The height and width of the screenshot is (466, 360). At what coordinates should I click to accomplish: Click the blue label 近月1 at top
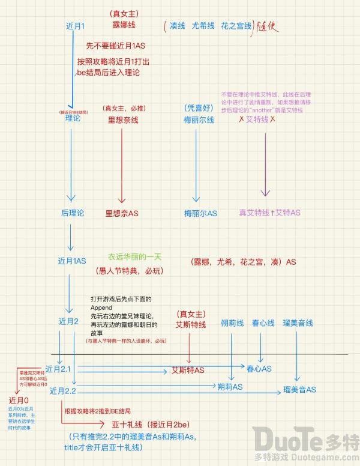pos(80,26)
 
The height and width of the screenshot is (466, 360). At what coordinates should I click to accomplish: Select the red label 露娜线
pos(124,25)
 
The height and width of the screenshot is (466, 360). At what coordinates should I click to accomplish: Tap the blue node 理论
pos(73,119)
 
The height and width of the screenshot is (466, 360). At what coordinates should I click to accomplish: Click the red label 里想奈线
pos(123,120)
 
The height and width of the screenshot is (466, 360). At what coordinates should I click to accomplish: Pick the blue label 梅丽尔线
pos(198,120)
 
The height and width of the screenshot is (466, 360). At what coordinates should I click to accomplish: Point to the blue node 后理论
pos(73,213)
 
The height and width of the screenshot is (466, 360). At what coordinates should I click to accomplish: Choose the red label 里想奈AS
pos(122,213)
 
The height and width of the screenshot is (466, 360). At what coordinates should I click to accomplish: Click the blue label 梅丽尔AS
pos(201,213)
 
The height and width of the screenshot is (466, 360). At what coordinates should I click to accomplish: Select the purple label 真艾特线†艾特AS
pos(269,213)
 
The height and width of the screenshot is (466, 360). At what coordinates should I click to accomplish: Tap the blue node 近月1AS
pos(72,261)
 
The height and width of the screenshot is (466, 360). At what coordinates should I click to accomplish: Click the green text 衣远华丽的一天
pos(135,256)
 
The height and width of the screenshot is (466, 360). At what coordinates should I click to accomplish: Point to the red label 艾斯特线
pos(190,324)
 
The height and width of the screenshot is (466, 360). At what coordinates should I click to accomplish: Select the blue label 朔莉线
pos(232,323)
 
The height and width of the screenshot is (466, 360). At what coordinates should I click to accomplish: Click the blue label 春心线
pos(263,323)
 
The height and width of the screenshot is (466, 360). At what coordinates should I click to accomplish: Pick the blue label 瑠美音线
pos(298,323)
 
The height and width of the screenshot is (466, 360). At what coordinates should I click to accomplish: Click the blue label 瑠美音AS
pos(300,390)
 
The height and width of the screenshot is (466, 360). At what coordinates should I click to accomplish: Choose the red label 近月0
pos(19,400)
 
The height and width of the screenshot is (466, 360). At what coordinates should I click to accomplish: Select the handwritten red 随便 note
pos(268,28)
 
